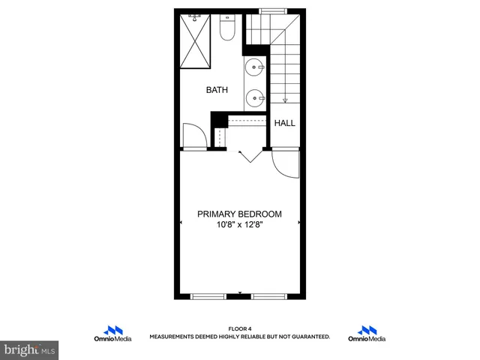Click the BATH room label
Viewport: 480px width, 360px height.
tap(217, 90)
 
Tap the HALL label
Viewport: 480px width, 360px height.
tap(284, 123)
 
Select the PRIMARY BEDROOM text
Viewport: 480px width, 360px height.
tap(239, 214)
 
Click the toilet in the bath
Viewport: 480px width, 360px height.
tap(228, 28)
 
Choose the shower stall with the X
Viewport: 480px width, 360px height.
tap(197, 40)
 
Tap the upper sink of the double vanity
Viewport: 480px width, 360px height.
tap(256, 65)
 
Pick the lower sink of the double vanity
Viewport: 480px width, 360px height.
tap(256, 96)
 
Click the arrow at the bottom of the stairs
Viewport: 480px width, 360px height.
tap(285, 97)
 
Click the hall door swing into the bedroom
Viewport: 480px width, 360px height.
tap(284, 162)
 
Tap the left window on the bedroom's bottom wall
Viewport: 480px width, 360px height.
tap(208, 296)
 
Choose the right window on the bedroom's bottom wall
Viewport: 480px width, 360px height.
tap(268, 296)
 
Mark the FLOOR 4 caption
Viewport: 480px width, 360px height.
tap(239, 329)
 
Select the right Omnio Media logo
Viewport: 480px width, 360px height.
tap(367, 334)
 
